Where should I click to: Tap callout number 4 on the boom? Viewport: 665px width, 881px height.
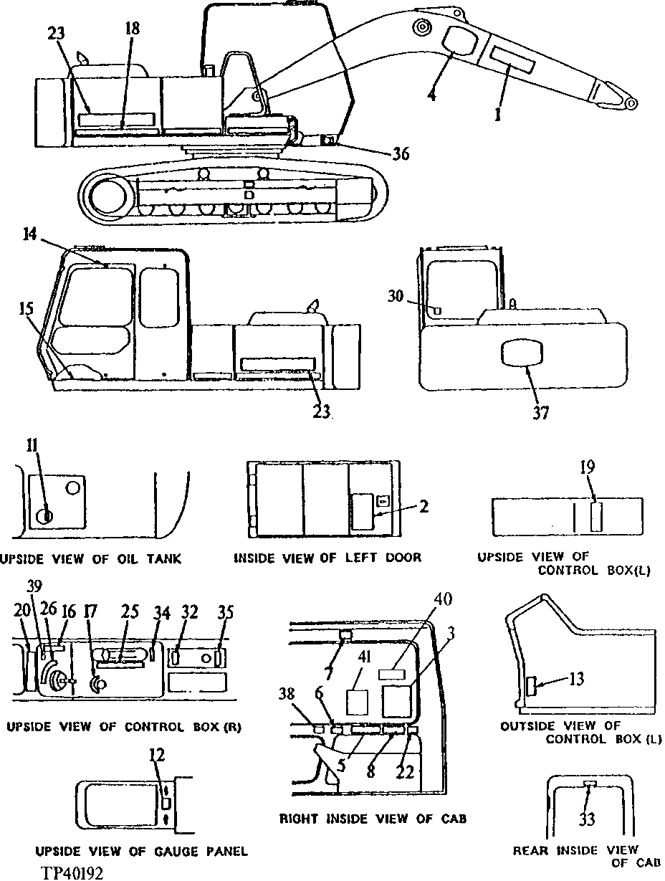click(431, 94)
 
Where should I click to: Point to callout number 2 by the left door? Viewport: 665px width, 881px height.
click(424, 507)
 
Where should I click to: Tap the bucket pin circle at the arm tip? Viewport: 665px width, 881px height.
click(631, 104)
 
